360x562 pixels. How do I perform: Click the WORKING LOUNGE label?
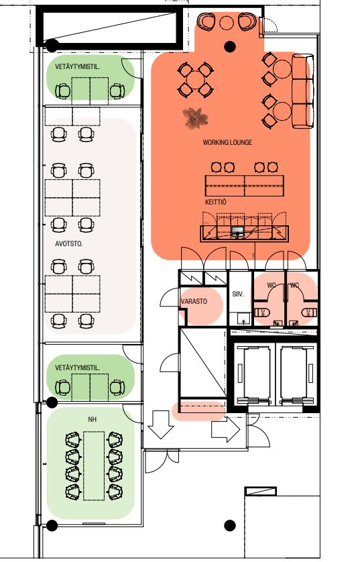point(227,142)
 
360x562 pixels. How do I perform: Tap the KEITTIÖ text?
point(216,202)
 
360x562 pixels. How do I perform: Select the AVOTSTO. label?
point(69,243)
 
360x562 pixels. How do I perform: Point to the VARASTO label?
point(194,301)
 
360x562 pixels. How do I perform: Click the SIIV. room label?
point(238,294)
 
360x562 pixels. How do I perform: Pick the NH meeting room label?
point(92,419)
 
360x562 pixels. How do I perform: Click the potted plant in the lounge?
point(195,117)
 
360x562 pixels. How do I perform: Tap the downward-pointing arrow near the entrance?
point(161,425)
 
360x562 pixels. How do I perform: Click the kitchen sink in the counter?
point(237,231)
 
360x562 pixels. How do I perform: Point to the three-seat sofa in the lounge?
point(303,91)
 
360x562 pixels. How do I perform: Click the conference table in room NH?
point(94,465)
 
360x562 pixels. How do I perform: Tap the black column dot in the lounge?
point(230,46)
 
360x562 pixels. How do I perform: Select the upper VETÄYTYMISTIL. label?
point(77,66)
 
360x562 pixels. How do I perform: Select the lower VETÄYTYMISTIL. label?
point(77,368)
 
